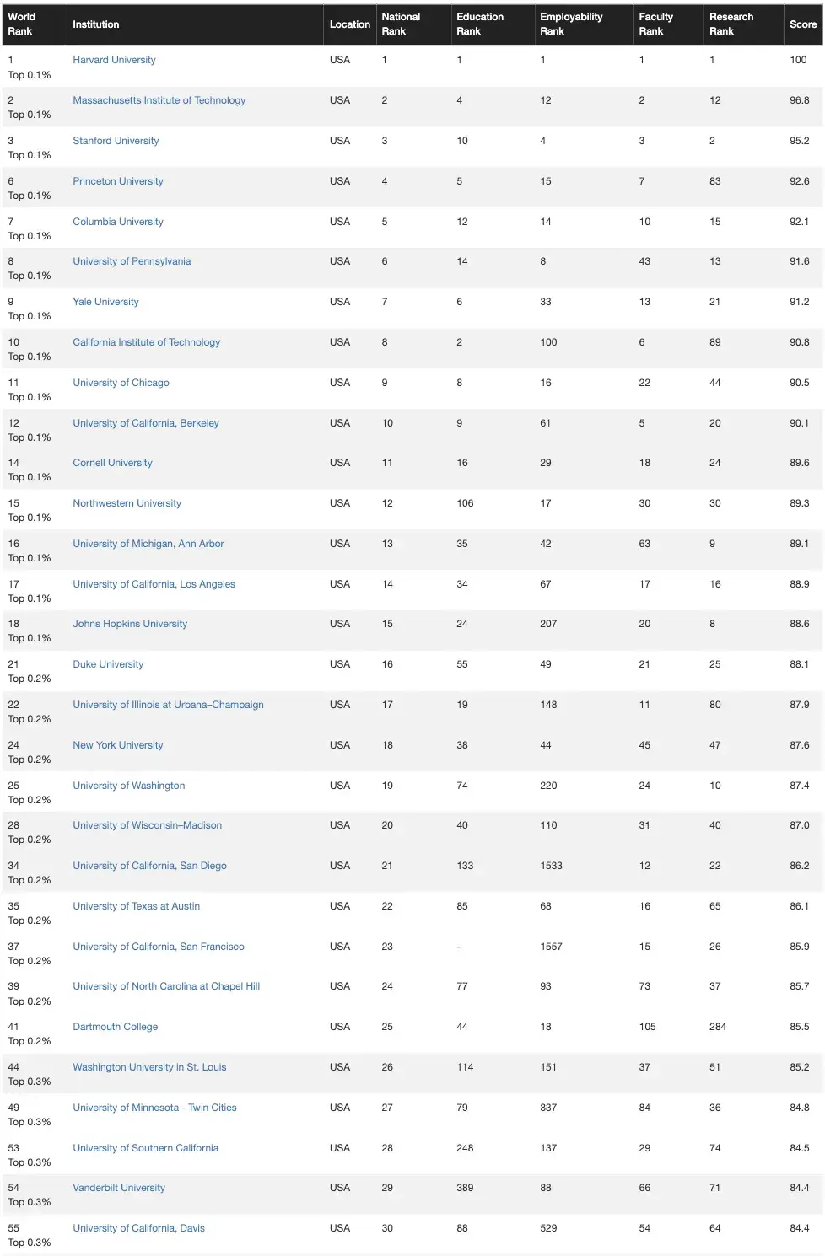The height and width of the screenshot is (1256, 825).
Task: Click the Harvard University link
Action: click(114, 60)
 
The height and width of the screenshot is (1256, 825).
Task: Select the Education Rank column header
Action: click(480, 24)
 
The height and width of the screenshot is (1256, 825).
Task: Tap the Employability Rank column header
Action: click(571, 24)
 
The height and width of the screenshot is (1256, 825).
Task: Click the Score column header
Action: click(802, 24)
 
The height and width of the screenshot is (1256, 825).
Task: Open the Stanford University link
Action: click(116, 141)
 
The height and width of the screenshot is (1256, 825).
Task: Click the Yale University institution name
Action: click(105, 302)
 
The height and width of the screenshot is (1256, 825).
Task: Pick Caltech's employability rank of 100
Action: click(548, 342)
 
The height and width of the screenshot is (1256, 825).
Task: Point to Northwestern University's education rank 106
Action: click(465, 503)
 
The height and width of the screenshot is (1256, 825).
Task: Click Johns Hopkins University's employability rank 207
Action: click(548, 624)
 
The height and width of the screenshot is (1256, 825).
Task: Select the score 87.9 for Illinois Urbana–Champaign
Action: click(799, 705)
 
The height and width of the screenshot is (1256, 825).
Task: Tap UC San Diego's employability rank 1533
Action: click(551, 866)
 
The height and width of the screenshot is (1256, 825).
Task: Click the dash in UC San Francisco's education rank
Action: click(459, 947)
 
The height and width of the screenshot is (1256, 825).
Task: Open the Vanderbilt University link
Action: click(119, 1188)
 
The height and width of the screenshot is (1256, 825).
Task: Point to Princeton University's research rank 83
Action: click(714, 181)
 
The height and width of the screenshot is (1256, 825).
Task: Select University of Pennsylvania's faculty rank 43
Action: click(644, 261)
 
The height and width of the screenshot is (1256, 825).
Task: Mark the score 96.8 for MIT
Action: click(799, 100)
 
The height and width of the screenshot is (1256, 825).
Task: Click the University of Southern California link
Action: click(145, 1148)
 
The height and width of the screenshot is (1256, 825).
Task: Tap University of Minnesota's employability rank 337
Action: click(548, 1108)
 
